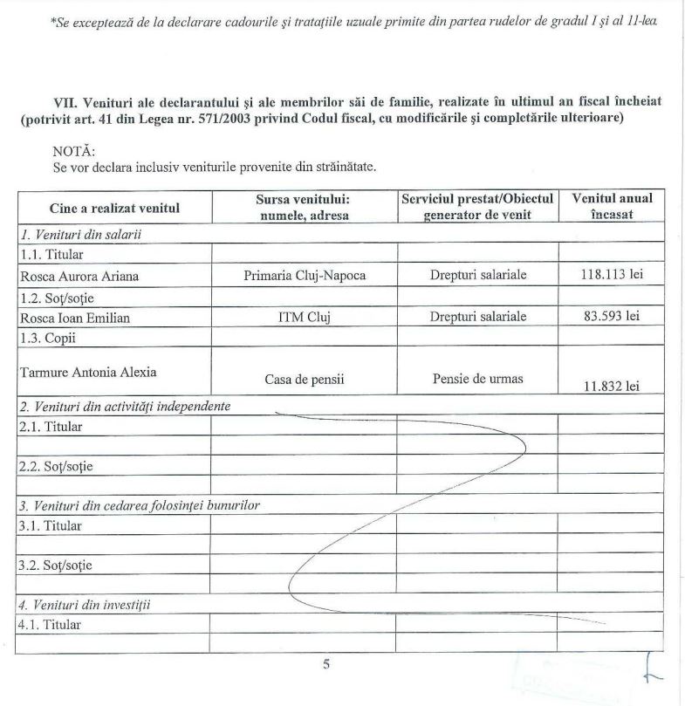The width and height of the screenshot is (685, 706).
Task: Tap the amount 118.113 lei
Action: click(x=611, y=275)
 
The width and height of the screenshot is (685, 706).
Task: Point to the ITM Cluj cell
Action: click(x=303, y=318)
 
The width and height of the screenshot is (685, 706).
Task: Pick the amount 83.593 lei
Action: click(x=611, y=316)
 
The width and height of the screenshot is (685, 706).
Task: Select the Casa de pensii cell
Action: click(x=303, y=380)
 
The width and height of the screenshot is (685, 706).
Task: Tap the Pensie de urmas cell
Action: click(x=476, y=379)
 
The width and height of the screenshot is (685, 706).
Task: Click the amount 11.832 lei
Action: click(x=611, y=386)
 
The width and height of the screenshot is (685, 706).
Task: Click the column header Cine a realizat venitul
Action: click(x=114, y=208)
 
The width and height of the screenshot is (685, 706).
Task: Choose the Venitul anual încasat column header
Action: click(x=611, y=207)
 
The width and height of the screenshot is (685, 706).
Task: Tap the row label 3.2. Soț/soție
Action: click(x=55, y=565)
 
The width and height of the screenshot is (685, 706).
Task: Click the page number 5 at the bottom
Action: click(x=326, y=664)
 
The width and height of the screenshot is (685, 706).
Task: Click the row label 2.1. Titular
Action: click(x=51, y=426)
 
